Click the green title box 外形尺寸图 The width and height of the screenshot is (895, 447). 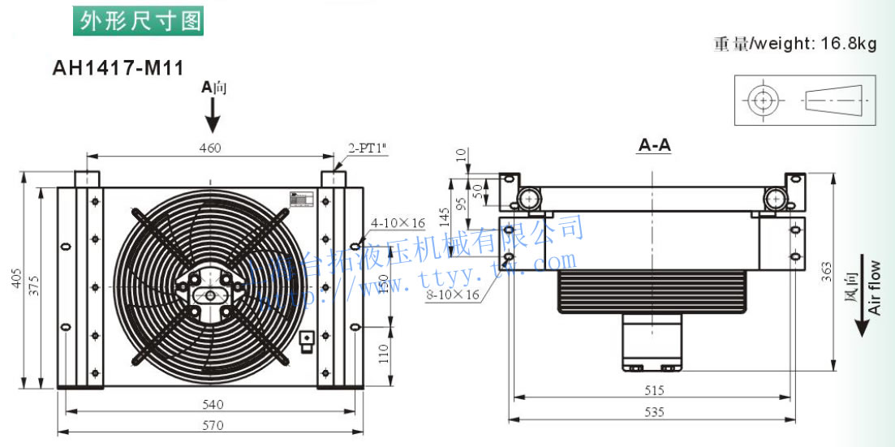pos(138,20)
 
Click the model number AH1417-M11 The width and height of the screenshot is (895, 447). pos(118,68)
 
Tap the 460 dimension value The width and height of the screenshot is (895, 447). pos(210,148)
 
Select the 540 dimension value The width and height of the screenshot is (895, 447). pos(213,404)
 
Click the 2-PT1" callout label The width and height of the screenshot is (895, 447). pos(368,148)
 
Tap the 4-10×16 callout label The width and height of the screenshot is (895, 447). pos(398,222)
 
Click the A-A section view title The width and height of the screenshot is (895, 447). pos(655,146)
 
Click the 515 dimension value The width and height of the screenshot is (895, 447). pos(653,390)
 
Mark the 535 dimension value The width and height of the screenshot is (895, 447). pos(653,412)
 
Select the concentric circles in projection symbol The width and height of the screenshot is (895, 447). pos(762,101)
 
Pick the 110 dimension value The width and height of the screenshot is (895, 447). pos(384,352)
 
